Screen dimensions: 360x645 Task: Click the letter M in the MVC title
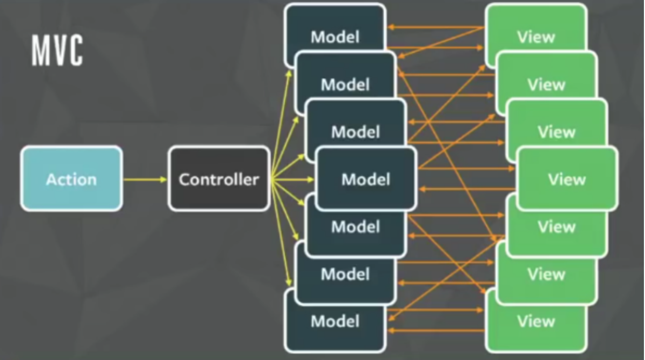(39, 52)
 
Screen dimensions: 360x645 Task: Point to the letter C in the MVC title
(76, 52)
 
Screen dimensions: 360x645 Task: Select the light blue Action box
(71, 179)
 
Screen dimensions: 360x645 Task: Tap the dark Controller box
(219, 179)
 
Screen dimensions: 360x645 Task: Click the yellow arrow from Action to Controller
(145, 179)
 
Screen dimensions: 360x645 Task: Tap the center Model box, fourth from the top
(365, 179)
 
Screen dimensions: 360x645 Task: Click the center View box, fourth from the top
(567, 179)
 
